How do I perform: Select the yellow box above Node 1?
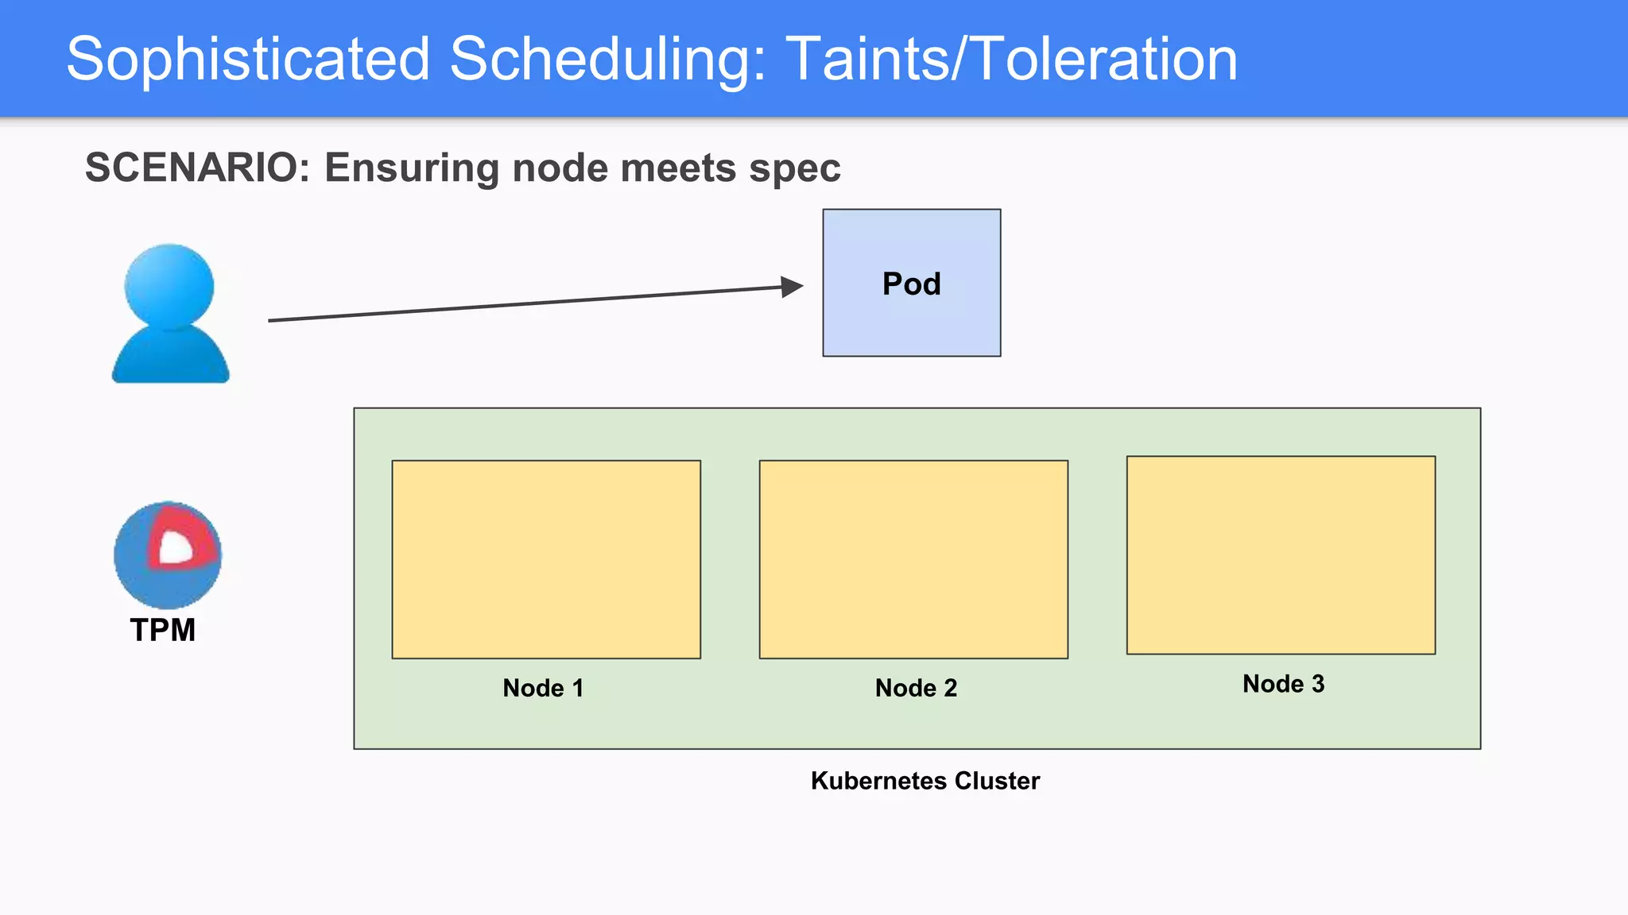tap(546, 559)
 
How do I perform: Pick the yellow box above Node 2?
tap(913, 559)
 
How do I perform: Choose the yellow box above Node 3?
tap(1281, 555)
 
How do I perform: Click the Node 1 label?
tap(543, 688)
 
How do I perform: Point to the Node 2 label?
tap(916, 688)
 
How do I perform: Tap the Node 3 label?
tap(1283, 684)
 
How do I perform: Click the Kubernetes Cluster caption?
tap(924, 781)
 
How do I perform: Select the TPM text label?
tap(163, 630)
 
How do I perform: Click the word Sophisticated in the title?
tap(247, 60)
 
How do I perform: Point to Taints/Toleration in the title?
tap(1011, 60)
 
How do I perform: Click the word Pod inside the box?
tap(911, 284)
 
